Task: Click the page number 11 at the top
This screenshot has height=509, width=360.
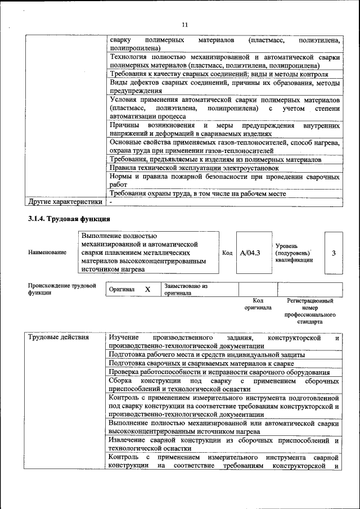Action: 185,25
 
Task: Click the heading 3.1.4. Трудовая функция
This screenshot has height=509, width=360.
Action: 69,218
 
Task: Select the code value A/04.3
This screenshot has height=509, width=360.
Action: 250,253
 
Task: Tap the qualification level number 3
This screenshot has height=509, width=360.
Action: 334,253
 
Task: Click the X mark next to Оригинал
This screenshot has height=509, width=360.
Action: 147,289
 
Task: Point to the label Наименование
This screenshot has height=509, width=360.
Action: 47,253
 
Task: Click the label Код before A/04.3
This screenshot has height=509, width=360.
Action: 227,253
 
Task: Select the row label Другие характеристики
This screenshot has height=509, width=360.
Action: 65,201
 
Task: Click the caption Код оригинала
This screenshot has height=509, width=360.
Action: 258,304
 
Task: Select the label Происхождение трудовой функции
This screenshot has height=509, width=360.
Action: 58,289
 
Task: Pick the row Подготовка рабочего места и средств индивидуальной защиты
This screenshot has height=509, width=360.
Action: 207,355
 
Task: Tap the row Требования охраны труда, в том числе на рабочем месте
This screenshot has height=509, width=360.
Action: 198,193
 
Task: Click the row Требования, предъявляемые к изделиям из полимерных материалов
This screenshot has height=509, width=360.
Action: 215,160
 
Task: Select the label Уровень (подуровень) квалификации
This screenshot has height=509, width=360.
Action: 294,253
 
